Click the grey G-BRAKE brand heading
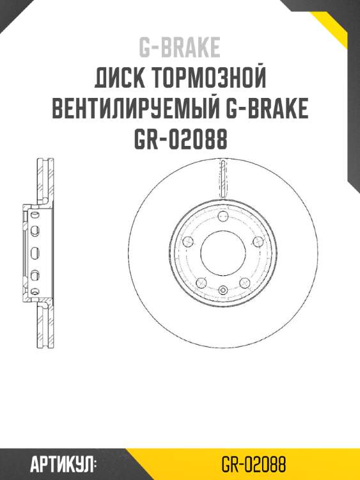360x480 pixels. (180, 47)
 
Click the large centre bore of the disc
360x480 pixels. (223, 253)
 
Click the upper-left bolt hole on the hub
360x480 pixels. (189, 241)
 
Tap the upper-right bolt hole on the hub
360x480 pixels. (257, 241)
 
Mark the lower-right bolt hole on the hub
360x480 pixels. (244, 282)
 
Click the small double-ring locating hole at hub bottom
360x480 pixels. (223, 291)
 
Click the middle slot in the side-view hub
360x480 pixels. (35, 252)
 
